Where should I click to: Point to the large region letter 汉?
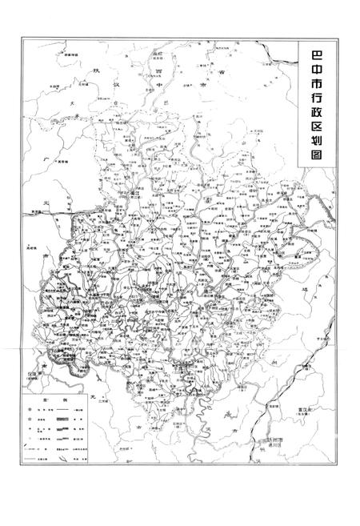[x=118, y=83]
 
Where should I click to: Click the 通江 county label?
[x=136, y=192]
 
